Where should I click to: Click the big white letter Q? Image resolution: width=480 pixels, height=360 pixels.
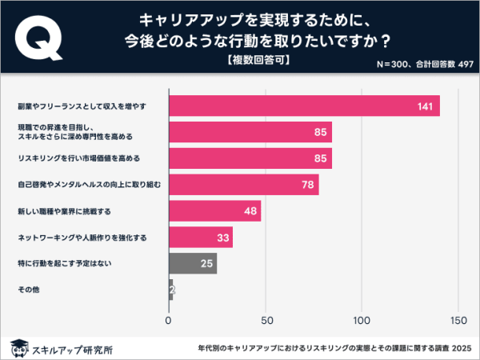(38, 38)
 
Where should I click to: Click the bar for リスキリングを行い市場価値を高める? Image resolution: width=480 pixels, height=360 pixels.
(250, 158)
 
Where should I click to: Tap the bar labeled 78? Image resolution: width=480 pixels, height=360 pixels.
(243, 185)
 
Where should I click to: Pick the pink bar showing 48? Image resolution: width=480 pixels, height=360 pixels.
(214, 211)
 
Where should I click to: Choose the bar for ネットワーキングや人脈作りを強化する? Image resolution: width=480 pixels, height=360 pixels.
(200, 237)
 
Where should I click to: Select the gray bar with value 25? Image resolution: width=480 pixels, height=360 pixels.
(193, 263)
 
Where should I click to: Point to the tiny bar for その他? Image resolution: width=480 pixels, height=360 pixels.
(170, 289)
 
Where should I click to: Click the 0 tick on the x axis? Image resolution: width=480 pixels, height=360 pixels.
(169, 321)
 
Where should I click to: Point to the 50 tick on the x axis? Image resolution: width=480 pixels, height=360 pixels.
(265, 321)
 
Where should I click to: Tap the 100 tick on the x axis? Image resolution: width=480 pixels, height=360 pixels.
(362, 321)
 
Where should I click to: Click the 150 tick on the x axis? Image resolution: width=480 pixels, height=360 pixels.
(458, 321)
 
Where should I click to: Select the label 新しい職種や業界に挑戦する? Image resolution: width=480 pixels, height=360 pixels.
(64, 211)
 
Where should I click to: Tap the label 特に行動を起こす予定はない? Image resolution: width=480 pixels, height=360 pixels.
(64, 263)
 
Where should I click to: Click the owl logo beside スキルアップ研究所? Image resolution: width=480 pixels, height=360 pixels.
(16, 348)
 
